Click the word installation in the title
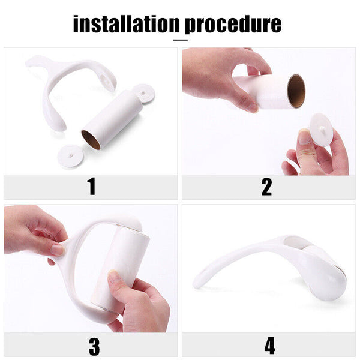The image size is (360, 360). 126,23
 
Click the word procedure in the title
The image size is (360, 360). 233,25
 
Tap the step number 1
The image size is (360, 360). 92,187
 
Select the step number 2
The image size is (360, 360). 266,187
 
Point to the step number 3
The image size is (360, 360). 94,346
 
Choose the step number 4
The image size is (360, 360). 270,346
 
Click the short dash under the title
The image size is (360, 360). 181,40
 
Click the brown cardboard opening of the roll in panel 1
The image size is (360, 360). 91,140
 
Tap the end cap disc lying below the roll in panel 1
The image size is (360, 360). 70,155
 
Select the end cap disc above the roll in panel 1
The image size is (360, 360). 144,94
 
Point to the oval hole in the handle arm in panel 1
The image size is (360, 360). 104,80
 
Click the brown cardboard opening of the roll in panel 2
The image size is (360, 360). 296,91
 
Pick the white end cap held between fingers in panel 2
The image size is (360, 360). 322,129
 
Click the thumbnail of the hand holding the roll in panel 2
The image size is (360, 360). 253,107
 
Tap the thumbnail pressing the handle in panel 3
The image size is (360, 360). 58,250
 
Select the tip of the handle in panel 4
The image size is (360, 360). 196,284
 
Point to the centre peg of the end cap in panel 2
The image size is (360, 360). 323,128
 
